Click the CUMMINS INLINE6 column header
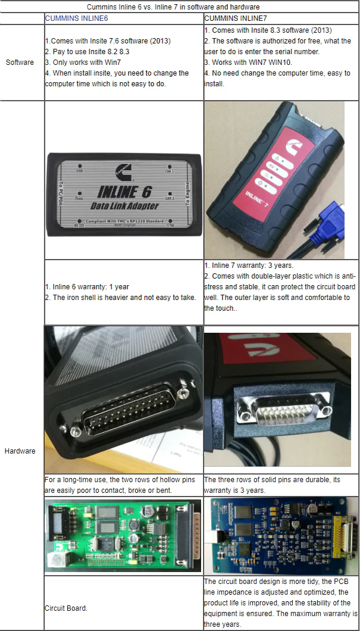tap(76, 18)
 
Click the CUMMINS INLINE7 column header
tap(235, 18)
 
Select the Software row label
tap(20, 63)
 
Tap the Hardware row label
tap(20, 451)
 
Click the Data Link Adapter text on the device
tap(124, 205)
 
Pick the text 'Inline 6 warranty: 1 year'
tap(86, 287)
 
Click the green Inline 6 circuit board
tap(123, 535)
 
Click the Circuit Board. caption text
tap(66, 608)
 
